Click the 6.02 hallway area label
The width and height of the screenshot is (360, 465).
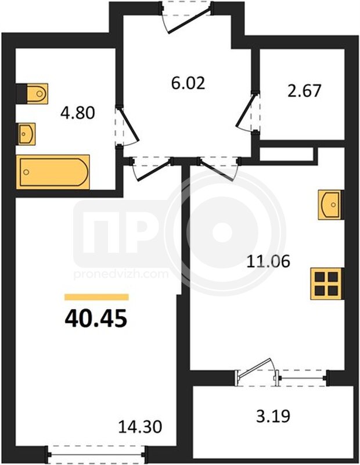pos(188,83)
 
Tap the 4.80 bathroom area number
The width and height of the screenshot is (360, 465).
pos(77,113)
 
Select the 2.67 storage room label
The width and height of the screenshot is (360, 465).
pos(304,91)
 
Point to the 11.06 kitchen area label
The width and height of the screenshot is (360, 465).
pos(268,262)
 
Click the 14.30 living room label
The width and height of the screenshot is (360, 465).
pos(140,427)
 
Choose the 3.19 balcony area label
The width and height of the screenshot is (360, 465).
pos(273,416)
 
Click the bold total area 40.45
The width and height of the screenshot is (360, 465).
pos(96,318)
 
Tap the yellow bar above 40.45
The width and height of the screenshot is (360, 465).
pos(96,297)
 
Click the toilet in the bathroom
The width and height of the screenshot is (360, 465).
pos(32,94)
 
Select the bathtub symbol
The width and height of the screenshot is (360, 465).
pos(53,172)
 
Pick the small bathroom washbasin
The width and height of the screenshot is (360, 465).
pos(26,134)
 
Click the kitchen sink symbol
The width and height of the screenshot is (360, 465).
pos(331,205)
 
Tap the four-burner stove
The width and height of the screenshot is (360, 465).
pos(327,283)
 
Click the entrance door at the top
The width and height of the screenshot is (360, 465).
pos(186,18)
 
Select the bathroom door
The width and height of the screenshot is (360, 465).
pos(127,126)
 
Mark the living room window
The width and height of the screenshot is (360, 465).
pos(96,454)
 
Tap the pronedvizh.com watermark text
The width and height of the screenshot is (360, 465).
pos(121,274)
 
